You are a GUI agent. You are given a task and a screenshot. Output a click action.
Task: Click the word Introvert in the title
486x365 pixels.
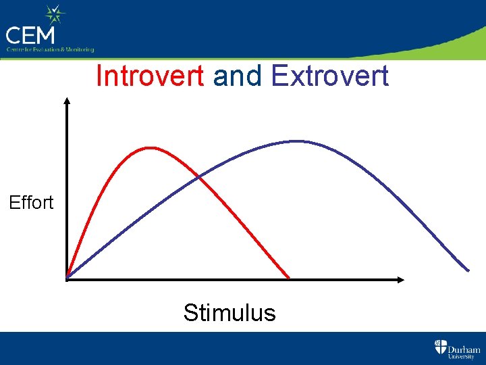pos(150,76)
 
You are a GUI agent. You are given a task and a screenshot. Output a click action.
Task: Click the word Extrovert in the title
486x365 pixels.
pos(329,76)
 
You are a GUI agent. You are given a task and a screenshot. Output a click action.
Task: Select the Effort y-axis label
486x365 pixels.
pos(31,203)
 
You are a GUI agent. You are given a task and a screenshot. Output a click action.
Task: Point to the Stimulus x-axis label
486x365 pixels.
pos(230,313)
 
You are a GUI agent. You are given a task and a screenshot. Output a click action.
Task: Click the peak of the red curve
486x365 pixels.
pos(149,147)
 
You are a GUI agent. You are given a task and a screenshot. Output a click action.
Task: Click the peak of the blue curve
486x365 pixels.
pos(296,141)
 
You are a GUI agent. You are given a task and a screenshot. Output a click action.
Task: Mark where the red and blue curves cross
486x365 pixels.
pos(198,176)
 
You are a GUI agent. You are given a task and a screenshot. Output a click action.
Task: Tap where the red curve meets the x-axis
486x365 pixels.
pos(289,278)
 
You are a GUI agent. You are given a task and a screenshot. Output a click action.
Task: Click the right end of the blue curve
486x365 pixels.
pos(468,270)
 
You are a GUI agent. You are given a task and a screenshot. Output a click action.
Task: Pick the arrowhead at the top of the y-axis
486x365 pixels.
pos(67,101)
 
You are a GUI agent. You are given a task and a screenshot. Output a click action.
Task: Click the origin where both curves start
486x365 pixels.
pos(67,278)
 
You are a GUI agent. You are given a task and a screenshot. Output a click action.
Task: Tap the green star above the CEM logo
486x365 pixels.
pos(54,14)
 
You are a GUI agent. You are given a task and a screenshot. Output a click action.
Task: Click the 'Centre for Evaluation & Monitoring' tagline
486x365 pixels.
pos(50,49)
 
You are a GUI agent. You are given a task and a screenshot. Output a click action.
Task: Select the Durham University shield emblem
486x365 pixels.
pos(440,347)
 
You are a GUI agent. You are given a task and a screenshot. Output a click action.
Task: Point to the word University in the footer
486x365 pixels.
pos(464,357)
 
